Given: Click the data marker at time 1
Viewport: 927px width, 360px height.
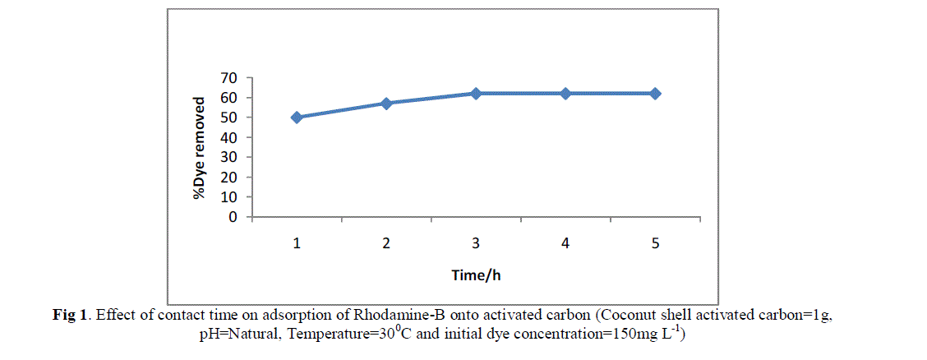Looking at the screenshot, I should [x=297, y=118].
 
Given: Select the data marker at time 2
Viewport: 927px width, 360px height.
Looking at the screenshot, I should [x=386, y=104].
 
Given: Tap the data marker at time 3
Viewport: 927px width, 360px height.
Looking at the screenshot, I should [x=476, y=94].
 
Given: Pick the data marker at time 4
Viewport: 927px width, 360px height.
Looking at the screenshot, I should [x=565, y=94].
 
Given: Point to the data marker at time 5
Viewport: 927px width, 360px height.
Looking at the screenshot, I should [x=655, y=94].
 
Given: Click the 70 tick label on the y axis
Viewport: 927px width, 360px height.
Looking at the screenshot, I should [x=229, y=78].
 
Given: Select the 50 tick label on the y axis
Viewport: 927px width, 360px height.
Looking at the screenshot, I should [x=229, y=118].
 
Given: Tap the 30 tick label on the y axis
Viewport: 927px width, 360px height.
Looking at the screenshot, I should [x=229, y=158].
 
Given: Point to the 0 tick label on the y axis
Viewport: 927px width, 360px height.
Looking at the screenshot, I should [x=233, y=218].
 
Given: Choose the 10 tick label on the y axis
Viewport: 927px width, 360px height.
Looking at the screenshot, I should [x=229, y=198].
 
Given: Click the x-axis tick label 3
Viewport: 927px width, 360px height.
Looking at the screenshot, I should [x=476, y=244].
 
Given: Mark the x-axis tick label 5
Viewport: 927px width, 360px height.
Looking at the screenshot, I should [x=655, y=244].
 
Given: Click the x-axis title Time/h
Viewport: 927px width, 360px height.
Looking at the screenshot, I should [x=476, y=275].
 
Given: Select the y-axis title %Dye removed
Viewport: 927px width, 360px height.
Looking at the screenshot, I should [x=199, y=148].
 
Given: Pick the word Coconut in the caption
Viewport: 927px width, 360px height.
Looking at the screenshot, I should [x=630, y=315].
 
